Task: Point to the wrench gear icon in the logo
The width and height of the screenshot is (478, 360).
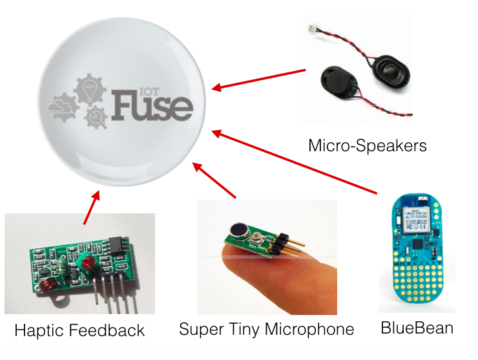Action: click(97, 117)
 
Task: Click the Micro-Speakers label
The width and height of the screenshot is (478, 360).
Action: click(368, 145)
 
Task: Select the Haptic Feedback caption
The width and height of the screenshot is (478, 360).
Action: click(79, 331)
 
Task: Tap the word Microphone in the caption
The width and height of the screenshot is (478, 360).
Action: click(314, 329)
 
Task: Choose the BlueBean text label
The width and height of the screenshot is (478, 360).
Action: click(417, 328)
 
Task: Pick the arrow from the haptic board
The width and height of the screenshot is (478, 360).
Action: click(91, 207)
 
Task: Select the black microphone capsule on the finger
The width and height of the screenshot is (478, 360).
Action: click(236, 232)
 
